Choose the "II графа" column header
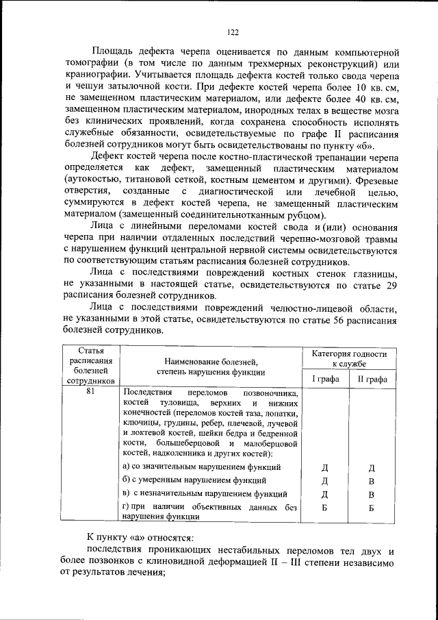point(372,379)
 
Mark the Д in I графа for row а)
point(326,468)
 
